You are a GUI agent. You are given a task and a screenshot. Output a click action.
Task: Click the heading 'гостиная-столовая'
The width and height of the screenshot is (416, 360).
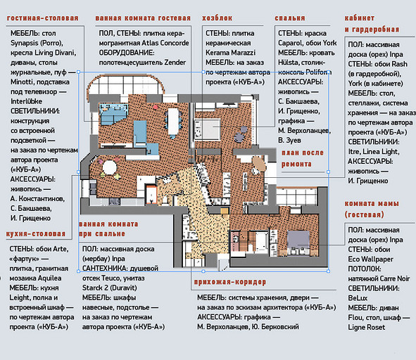(43, 18)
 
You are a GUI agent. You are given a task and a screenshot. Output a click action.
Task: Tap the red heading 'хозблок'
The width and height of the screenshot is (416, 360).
(217, 18)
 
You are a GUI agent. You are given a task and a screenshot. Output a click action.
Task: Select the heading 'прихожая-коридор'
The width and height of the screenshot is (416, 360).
(229, 282)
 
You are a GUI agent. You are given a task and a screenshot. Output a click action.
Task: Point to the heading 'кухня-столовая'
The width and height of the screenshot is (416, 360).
(36, 234)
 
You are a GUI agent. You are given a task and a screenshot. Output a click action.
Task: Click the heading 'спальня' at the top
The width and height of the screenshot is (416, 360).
(290, 18)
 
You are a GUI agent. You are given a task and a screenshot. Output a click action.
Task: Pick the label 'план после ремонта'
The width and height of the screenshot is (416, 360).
(303, 158)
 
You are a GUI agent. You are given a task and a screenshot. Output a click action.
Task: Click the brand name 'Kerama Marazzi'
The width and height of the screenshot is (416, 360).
(231, 53)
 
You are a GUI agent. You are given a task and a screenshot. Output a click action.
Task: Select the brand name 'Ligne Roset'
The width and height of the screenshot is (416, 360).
(367, 328)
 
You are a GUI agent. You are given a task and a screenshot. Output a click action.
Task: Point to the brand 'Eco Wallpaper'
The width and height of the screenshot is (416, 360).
(371, 259)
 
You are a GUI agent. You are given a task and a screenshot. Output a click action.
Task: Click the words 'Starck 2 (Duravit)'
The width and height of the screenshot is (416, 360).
(110, 288)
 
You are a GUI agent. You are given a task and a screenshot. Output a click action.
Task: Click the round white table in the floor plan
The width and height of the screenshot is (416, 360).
(110, 167)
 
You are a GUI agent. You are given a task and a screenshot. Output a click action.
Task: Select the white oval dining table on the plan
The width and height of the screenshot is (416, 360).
(173, 122)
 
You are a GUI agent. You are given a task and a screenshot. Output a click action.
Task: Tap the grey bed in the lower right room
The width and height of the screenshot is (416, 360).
(298, 240)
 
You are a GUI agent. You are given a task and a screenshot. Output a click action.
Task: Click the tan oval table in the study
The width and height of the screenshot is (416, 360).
(258, 164)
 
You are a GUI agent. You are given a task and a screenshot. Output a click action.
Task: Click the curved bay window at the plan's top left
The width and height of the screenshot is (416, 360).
(126, 84)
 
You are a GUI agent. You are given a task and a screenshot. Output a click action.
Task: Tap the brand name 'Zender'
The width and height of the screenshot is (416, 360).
(175, 63)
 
